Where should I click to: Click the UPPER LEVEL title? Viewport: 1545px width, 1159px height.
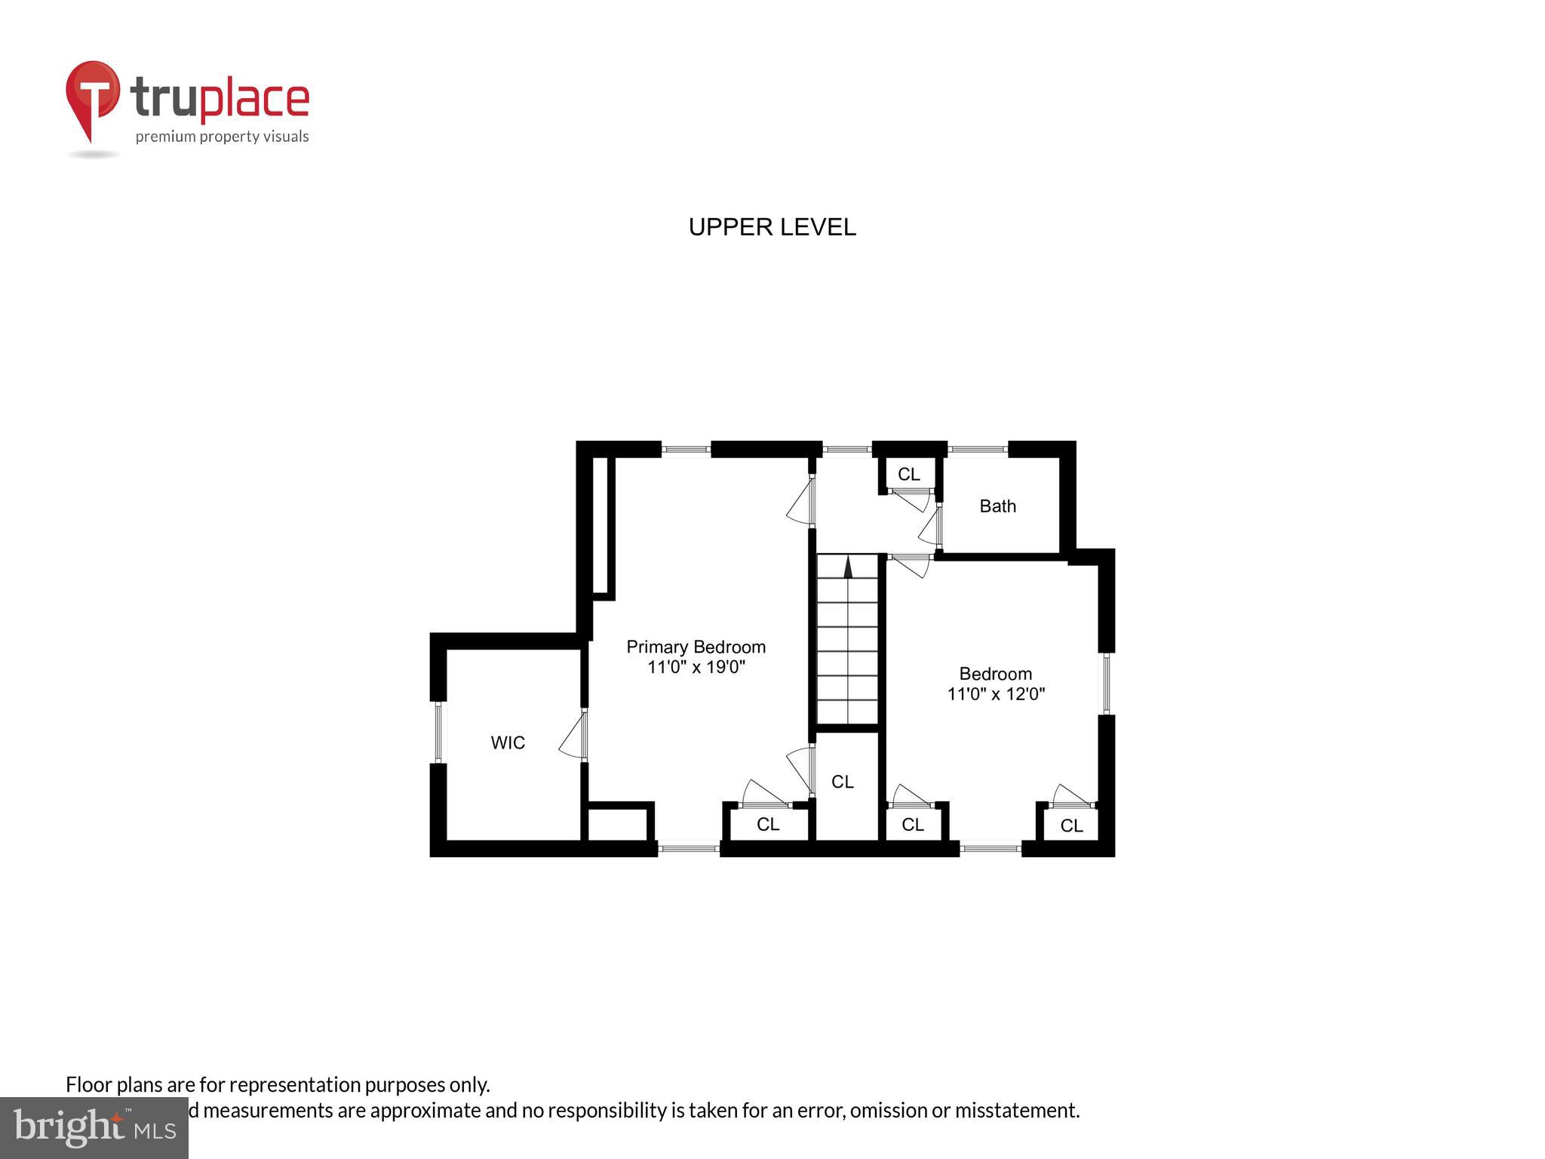tap(772, 227)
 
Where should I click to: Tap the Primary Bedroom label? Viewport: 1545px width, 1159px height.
tap(696, 647)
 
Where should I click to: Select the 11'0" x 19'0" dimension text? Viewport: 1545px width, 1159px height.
tap(696, 667)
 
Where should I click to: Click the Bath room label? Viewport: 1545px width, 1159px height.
tap(997, 506)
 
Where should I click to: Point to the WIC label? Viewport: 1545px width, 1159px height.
tap(508, 742)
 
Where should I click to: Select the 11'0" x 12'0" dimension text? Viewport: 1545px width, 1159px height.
tap(996, 694)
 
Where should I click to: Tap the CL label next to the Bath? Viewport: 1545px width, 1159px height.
tap(908, 474)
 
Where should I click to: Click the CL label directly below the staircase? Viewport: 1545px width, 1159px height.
tap(843, 782)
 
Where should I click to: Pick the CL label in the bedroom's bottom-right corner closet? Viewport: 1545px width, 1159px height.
tap(1071, 825)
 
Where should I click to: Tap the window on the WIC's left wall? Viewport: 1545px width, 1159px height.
tap(438, 732)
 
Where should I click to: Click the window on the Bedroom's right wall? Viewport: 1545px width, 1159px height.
tap(1106, 684)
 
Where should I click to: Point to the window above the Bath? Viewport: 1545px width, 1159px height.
tap(978, 450)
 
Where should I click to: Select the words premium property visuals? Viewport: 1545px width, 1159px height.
tap(222, 137)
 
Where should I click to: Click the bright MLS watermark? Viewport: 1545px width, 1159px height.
tap(94, 1127)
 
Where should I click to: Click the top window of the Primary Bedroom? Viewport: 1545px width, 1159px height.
tap(686, 450)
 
